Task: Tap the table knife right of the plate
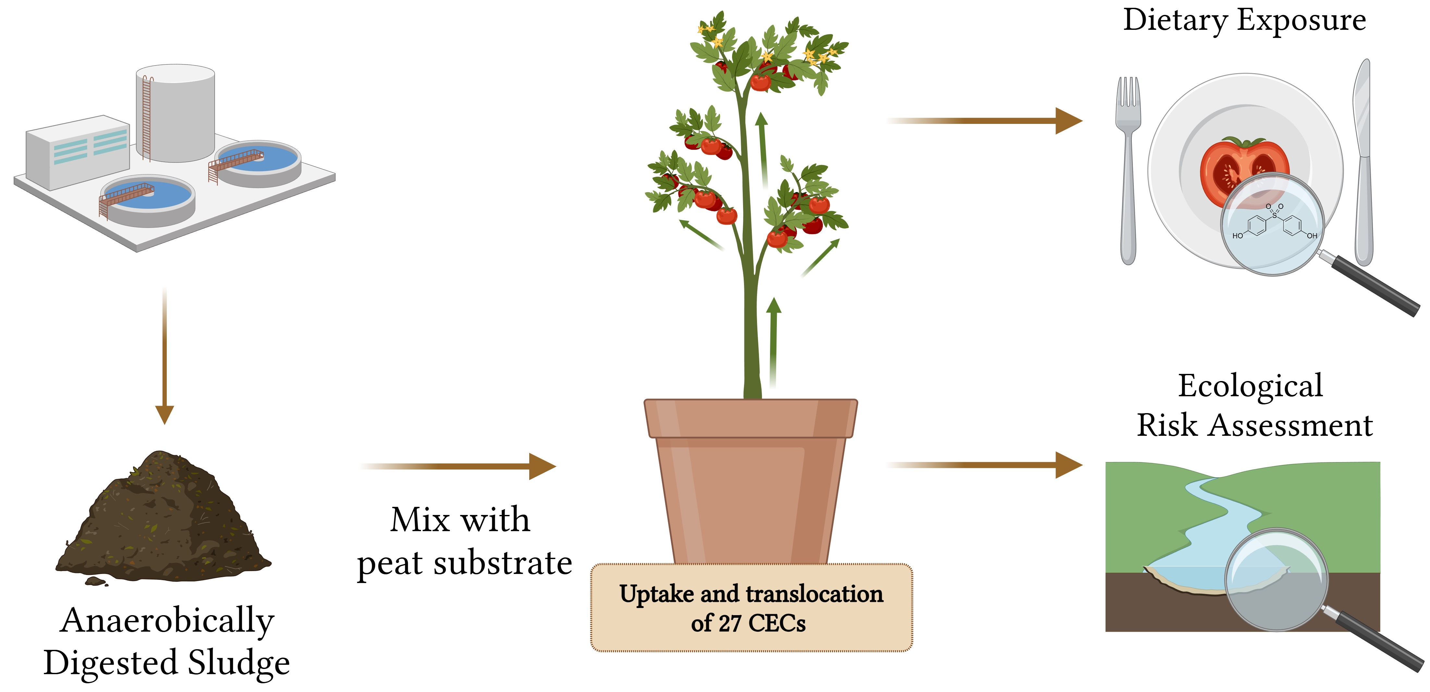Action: click(1363, 166)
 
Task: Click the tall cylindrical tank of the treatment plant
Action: click(176, 114)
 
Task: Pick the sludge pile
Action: click(164, 522)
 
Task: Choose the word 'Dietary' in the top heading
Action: click(1174, 21)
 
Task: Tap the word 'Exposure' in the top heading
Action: click(1302, 21)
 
